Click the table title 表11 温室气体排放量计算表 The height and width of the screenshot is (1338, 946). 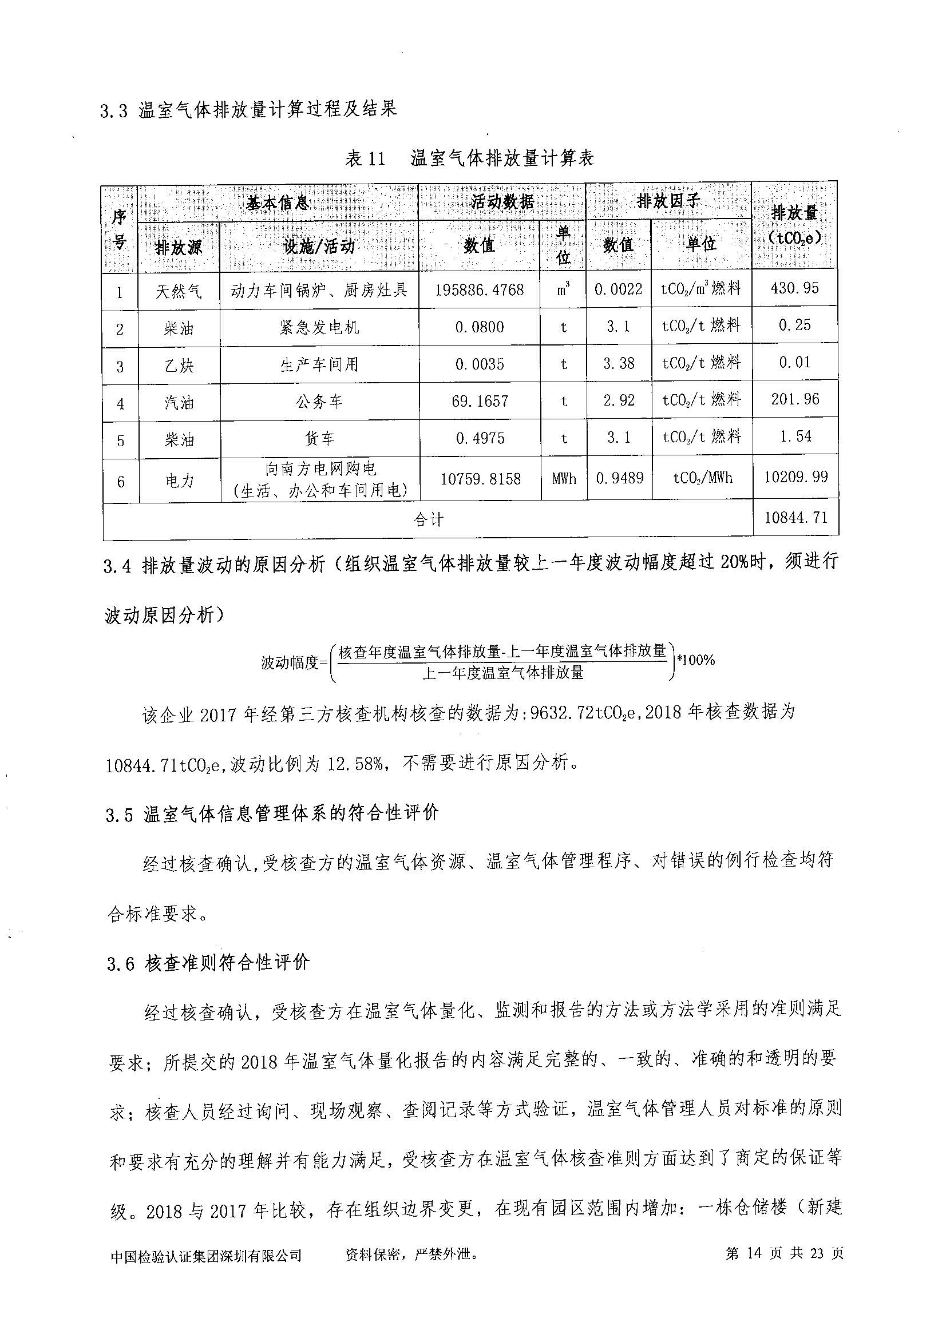[x=469, y=158]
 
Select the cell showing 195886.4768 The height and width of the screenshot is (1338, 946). [x=479, y=289]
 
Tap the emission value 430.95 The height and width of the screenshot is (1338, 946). [x=794, y=288]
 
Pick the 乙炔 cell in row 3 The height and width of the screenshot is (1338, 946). [x=179, y=366]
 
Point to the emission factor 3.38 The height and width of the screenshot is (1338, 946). [x=619, y=364]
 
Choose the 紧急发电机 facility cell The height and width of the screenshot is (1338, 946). [x=319, y=328]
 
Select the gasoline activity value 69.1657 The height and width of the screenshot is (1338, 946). [x=479, y=401]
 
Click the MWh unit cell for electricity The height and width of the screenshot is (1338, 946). [x=564, y=478]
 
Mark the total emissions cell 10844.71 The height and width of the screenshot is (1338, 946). [x=795, y=517]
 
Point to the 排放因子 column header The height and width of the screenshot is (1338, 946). [x=667, y=201]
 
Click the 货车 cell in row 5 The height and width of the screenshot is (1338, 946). [x=319, y=439]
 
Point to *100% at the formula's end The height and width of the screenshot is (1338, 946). [x=695, y=660]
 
